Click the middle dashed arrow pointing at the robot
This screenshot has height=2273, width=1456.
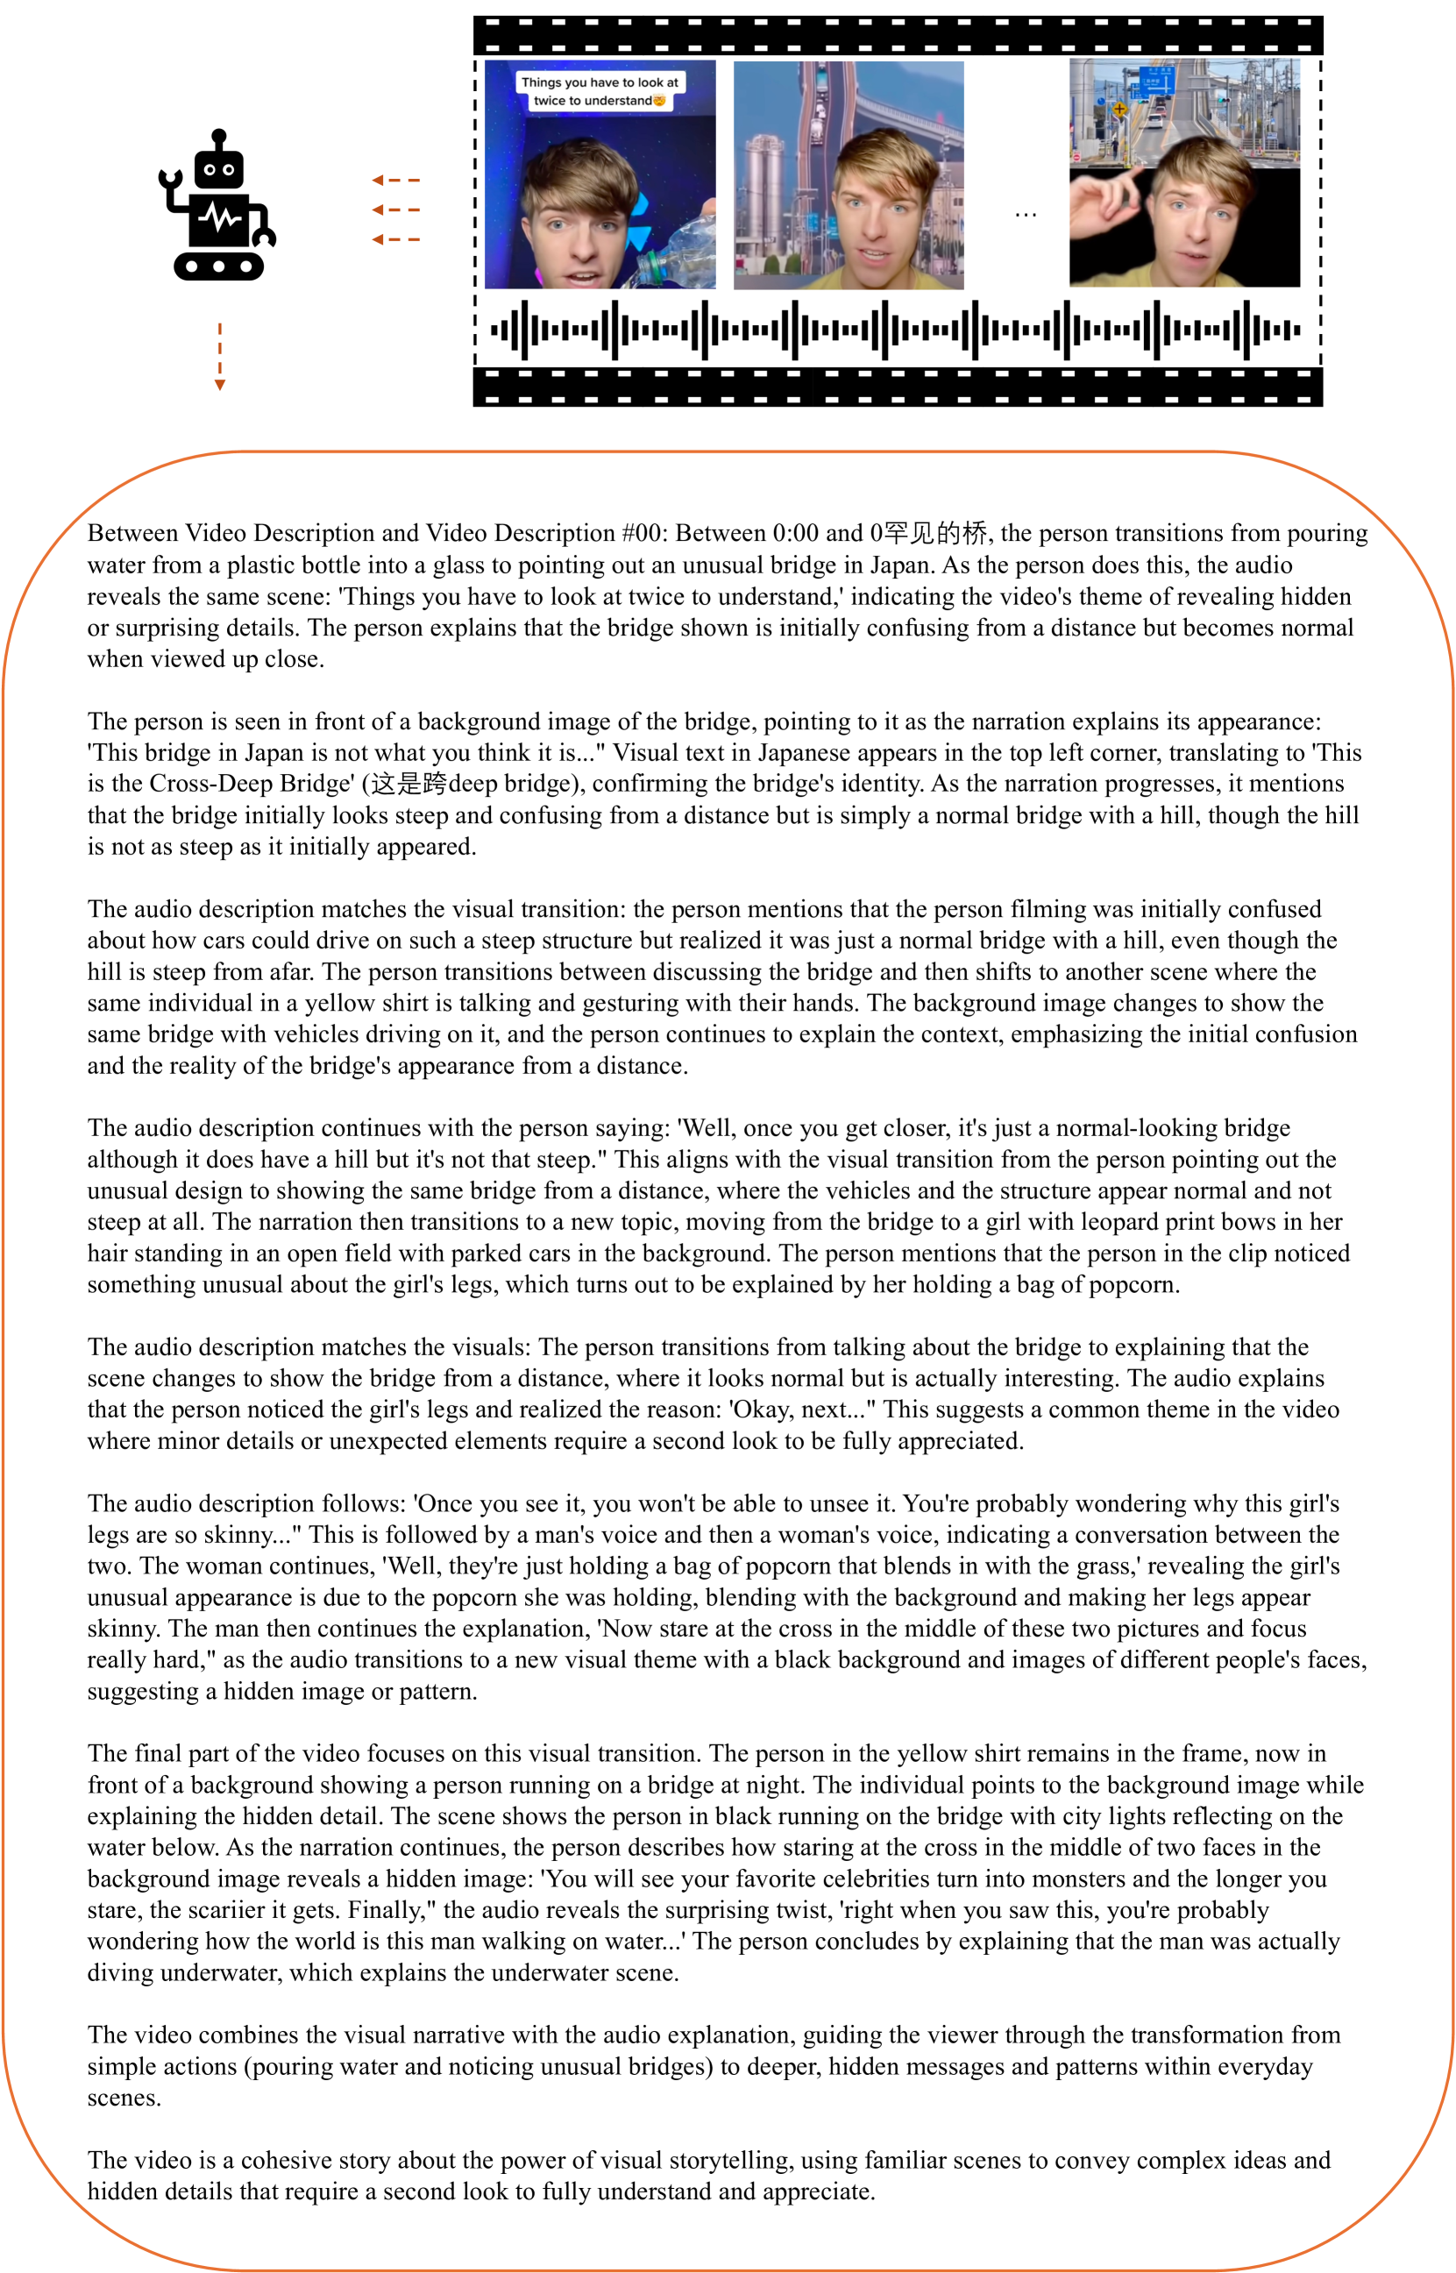pyautogui.click(x=396, y=210)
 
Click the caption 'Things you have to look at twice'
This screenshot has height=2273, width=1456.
pyautogui.click(x=600, y=91)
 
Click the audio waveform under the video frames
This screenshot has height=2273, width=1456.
pyautogui.click(x=895, y=330)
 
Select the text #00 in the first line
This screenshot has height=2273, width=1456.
pyautogui.click(x=642, y=533)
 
